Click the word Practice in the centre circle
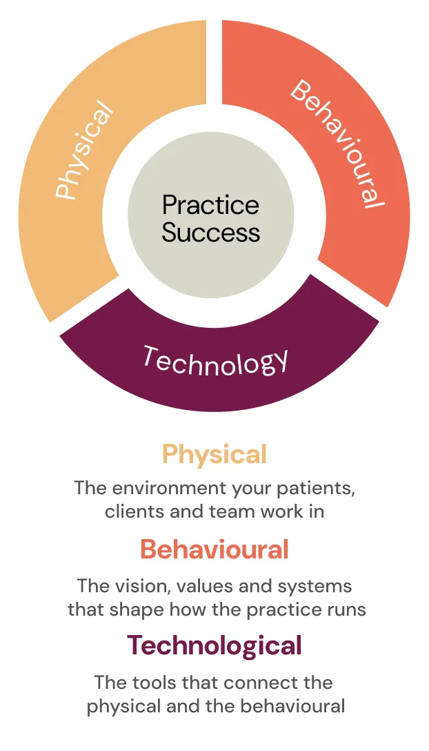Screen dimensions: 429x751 click(210, 205)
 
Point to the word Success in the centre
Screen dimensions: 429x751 click(210, 232)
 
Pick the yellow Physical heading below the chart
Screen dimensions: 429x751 click(214, 454)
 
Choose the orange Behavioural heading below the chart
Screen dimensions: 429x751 click(214, 549)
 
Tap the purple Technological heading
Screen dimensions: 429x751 click(214, 645)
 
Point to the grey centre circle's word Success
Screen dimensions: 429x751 click(210, 232)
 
